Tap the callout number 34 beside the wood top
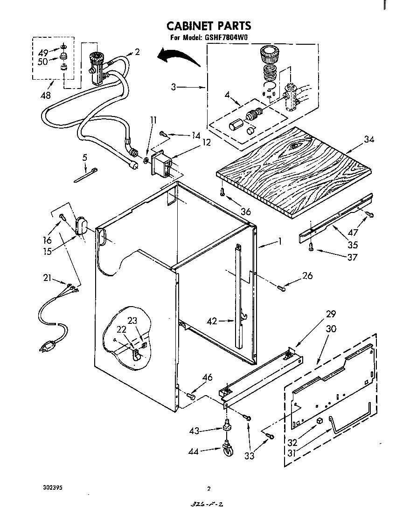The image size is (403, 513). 369,139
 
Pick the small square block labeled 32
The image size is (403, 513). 319,421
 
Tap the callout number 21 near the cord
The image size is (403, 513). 47,279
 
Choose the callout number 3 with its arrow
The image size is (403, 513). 174,87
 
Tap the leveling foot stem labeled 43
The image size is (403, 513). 227,425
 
